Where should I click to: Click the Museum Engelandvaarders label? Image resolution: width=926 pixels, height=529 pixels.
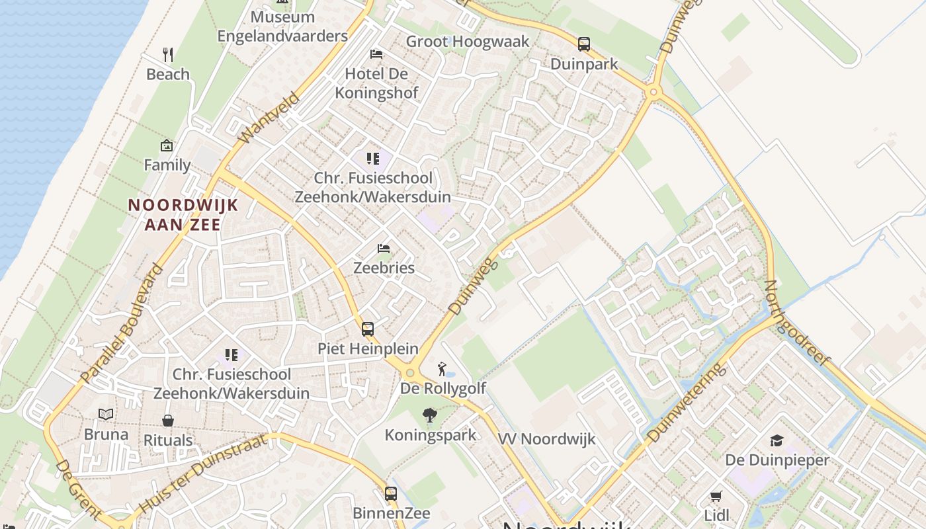282,26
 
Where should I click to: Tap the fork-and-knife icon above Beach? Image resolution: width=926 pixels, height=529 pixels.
168,55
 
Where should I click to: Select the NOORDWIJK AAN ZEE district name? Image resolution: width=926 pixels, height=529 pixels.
183,215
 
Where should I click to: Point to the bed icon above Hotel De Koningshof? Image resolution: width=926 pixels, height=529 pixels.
376,54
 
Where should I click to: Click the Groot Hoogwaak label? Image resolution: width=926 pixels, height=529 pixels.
468,42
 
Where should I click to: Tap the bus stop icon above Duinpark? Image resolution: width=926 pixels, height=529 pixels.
584,44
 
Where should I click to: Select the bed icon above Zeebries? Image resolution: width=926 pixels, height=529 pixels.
384,249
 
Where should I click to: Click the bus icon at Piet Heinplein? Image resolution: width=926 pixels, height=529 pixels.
367,329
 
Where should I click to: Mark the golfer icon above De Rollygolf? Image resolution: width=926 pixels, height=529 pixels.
442,369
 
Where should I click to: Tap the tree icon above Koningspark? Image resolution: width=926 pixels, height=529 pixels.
430,415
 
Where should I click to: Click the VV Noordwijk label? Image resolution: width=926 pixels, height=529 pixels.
546,439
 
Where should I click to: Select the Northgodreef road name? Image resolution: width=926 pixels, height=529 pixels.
796,323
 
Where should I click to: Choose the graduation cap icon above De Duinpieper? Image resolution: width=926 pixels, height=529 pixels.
777,440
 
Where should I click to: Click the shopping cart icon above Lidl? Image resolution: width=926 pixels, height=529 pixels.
716,496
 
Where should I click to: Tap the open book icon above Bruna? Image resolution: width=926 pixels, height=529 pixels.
106,415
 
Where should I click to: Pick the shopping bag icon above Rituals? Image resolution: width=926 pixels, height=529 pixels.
168,421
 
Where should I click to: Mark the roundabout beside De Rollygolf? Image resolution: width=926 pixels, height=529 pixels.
410,374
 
